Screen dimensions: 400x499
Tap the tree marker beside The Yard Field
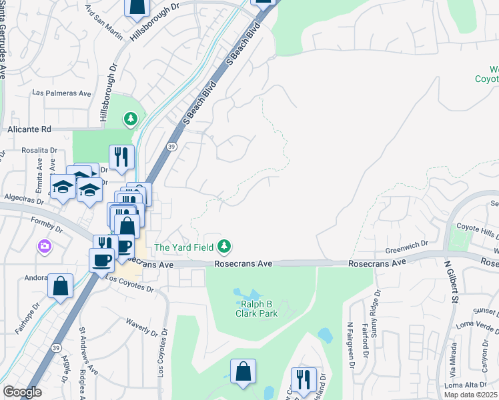(x=225, y=247)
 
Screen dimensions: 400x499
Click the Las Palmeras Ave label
(x=61, y=93)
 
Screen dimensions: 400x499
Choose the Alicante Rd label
(x=29, y=129)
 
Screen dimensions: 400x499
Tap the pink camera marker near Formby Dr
(x=45, y=247)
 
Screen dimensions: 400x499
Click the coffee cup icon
(x=101, y=259)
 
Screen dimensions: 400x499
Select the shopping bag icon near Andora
(x=60, y=287)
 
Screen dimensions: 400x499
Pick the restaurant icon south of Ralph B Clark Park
(x=304, y=379)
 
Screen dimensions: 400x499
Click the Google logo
(x=22, y=392)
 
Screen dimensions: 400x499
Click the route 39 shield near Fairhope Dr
(x=56, y=347)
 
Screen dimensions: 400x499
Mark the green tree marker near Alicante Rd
(x=131, y=119)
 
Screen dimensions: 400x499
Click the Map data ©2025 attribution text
(x=470, y=394)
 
